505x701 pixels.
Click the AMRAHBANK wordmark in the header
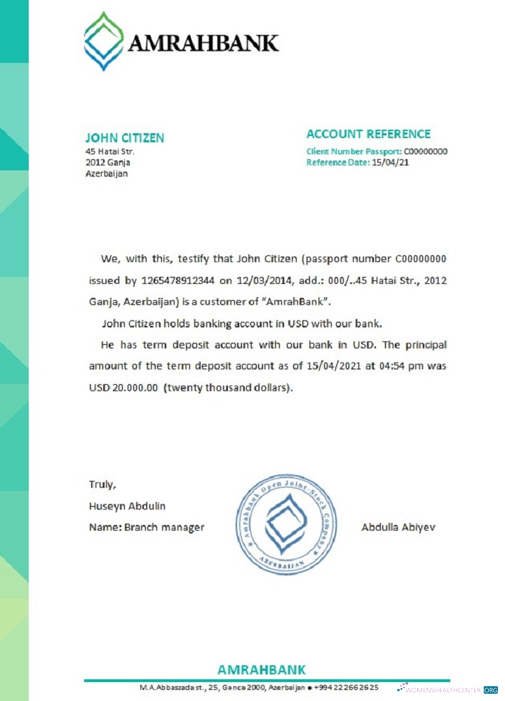[203, 43]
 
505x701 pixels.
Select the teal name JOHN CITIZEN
[124, 138]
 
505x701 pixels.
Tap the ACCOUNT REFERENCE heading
[368, 135]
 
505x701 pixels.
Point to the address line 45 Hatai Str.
[109, 151]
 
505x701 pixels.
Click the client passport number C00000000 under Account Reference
[425, 151]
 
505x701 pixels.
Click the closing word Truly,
[102, 484]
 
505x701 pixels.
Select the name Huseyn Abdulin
[127, 505]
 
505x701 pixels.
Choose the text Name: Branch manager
[146, 527]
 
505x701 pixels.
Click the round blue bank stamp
[285, 524]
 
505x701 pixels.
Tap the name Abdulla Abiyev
[398, 527]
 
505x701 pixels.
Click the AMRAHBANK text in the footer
[262, 669]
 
